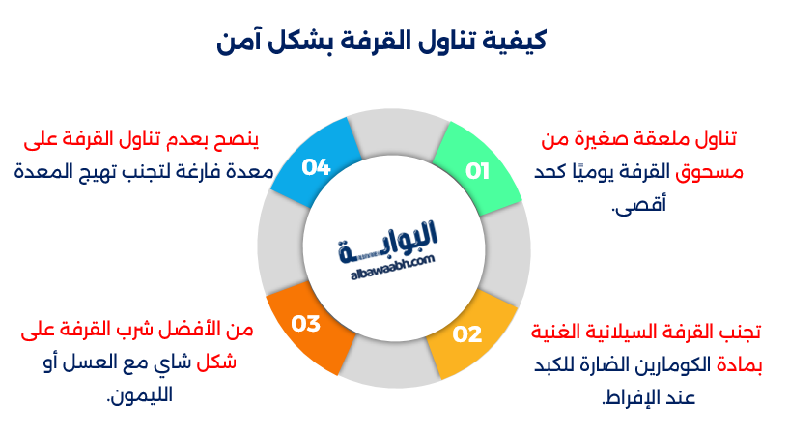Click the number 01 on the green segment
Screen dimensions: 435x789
[478, 171]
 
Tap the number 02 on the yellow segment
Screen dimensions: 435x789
[467, 334]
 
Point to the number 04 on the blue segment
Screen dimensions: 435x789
[317, 167]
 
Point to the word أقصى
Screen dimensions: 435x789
[638, 205]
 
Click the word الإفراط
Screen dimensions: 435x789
[633, 397]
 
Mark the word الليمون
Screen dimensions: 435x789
[144, 395]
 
